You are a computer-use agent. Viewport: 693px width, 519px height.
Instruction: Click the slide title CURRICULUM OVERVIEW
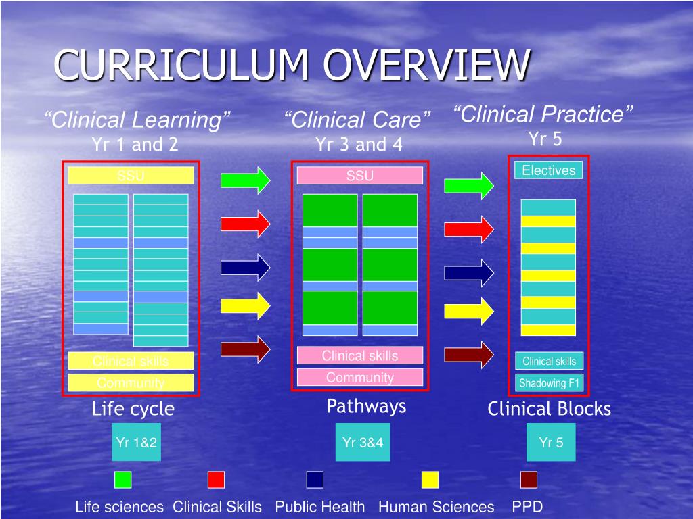pos(291,66)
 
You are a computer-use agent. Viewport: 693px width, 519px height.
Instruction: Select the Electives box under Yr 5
pos(548,170)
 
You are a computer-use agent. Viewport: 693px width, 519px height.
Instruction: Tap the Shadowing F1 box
pos(549,383)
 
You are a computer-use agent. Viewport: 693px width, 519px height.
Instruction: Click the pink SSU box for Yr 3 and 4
pos(359,176)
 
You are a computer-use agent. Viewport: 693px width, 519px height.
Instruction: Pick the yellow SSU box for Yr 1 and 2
pos(131,176)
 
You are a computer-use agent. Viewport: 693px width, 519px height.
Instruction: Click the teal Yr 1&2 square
pos(136,443)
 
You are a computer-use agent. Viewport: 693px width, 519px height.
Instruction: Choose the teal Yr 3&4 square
pos(365,443)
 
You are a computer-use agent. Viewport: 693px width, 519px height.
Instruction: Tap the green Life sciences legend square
pos(123,480)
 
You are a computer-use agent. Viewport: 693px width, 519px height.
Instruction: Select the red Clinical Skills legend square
pos(216,480)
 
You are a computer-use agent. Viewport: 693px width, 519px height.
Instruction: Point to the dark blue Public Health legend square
pos(315,480)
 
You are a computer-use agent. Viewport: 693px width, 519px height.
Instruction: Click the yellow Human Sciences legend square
pos(430,480)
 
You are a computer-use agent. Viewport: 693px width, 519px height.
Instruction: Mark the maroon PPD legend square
pos(529,480)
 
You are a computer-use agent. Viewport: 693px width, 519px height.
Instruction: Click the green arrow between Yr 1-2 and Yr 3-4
pos(245,180)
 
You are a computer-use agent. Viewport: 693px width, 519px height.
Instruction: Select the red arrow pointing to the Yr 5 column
pos(469,228)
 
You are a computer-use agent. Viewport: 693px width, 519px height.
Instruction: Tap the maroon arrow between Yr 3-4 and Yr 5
pos(469,355)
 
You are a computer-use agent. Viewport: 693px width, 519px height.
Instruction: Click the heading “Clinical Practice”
pos(543,114)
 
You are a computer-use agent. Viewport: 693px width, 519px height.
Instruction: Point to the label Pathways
pos(366,406)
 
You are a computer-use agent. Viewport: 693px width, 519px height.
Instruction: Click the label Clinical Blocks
pos(549,409)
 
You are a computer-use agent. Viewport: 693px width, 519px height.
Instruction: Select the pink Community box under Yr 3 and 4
pos(359,378)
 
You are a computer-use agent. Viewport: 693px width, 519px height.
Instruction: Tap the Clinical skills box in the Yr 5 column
pos(549,362)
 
